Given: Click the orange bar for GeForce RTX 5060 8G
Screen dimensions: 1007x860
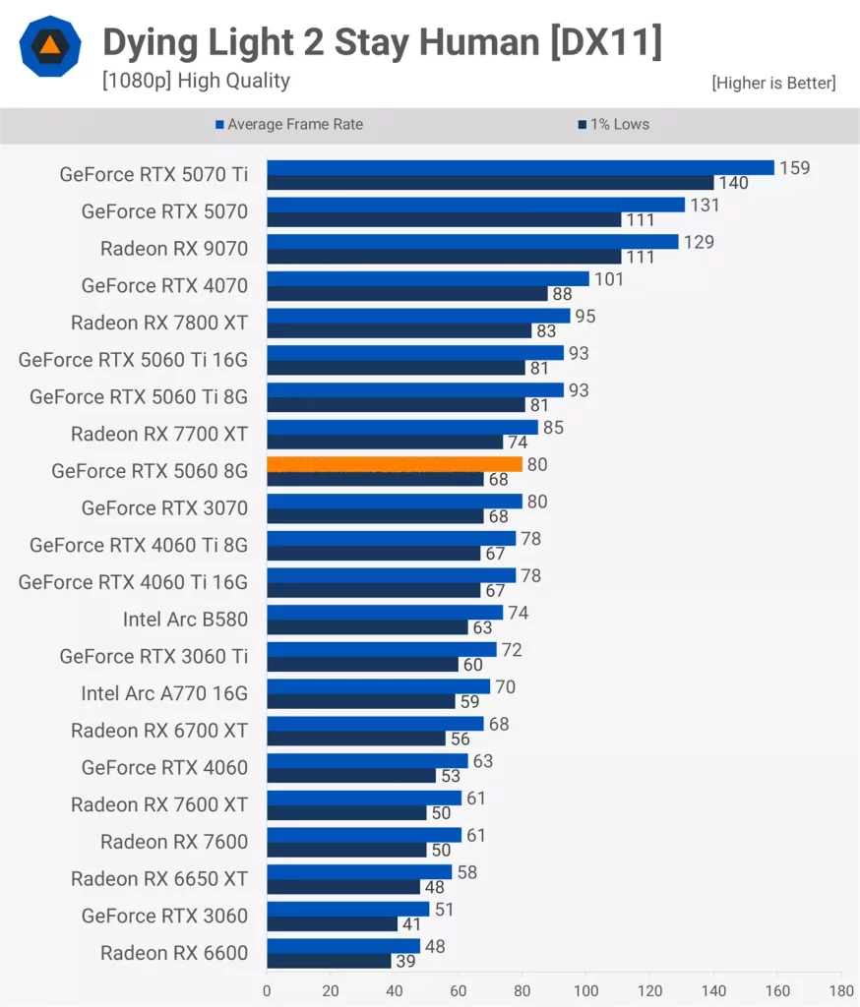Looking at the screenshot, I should pos(394,464).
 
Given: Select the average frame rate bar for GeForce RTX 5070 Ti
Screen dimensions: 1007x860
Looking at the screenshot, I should pos(520,167).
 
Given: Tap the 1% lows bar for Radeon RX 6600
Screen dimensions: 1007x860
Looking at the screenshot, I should pos(329,961).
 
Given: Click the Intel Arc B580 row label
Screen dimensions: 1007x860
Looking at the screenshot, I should pos(185,619).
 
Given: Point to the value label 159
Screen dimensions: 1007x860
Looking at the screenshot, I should pos(794,168).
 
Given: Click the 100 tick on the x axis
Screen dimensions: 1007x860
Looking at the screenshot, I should pos(586,989).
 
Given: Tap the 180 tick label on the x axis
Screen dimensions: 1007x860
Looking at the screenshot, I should pos(841,989).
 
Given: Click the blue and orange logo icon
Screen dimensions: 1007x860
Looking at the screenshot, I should pos(48,46).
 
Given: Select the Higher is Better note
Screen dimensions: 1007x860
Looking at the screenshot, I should pos(773,84).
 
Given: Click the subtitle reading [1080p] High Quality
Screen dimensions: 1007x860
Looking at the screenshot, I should pos(196,81).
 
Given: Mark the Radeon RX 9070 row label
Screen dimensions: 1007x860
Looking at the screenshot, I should pos(174,249).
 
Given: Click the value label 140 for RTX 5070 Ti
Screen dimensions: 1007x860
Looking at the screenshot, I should pos(733,183).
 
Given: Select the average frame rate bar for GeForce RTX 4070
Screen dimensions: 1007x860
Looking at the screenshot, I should pos(427,278).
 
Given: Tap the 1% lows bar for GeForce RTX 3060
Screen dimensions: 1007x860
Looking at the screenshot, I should pos(332,923).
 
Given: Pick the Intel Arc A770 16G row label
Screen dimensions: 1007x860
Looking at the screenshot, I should pos(164,693).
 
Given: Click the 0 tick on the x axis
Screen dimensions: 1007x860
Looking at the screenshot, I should pos(267,989).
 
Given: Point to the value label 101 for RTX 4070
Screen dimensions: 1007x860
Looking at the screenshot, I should pos(608,279).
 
